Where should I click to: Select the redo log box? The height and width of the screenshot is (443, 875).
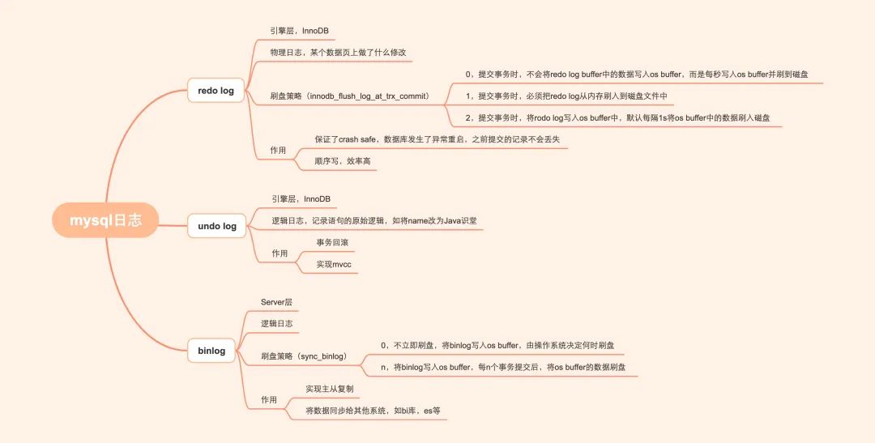tap(216, 91)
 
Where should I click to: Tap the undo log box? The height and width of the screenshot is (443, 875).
tap(217, 226)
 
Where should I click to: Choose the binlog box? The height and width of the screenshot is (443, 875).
tap(211, 351)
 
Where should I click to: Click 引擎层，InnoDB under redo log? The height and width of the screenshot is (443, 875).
tap(300, 31)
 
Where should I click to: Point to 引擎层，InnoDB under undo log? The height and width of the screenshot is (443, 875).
tap(301, 199)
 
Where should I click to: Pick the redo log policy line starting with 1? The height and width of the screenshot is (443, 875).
tap(566, 96)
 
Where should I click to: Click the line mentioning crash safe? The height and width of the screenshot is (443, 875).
tap(437, 139)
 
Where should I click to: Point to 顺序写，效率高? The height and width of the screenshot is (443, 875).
tap(343, 161)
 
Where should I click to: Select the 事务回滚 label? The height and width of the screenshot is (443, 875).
tap(333, 242)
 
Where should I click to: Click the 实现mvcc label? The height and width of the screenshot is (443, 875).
tap(334, 264)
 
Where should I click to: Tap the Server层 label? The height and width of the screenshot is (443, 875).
tap(276, 302)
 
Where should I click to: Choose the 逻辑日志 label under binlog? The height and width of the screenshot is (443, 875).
tap(276, 324)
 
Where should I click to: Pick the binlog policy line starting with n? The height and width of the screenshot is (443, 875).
tap(509, 368)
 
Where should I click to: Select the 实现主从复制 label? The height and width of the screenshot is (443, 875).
tap(329, 389)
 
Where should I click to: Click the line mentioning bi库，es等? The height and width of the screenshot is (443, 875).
tap(373, 411)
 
